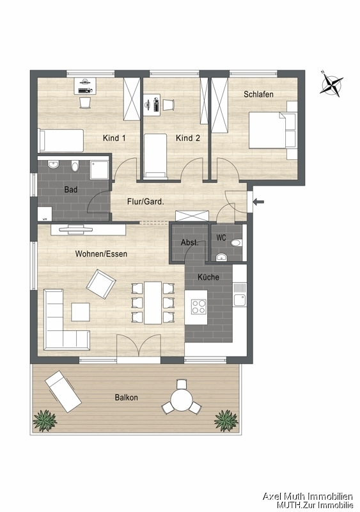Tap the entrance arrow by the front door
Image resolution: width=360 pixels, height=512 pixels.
point(259,202)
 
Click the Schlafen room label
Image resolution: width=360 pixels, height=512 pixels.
point(258,94)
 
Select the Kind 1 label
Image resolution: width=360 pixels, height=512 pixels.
point(114,138)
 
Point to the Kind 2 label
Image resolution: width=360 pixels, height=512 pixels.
point(187,138)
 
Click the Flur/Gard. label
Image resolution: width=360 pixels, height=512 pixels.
point(146,202)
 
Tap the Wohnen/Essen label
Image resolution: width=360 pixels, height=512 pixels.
point(101,253)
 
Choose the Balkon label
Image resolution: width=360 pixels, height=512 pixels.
point(127,397)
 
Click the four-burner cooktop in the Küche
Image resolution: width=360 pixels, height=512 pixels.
point(199,307)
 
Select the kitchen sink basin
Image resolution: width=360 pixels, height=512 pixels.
point(240,300)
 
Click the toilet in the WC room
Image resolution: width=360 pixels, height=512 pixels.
point(236,243)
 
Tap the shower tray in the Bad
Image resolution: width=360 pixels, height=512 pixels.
point(98,170)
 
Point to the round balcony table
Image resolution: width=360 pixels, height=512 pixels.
point(182,399)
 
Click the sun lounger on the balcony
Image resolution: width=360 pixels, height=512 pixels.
point(63,391)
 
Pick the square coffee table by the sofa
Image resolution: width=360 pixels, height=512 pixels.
point(81,312)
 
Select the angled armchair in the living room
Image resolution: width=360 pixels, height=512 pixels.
point(101,284)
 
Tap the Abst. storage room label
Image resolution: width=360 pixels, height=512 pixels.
point(190,243)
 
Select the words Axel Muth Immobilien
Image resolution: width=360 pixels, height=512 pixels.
point(308,497)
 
